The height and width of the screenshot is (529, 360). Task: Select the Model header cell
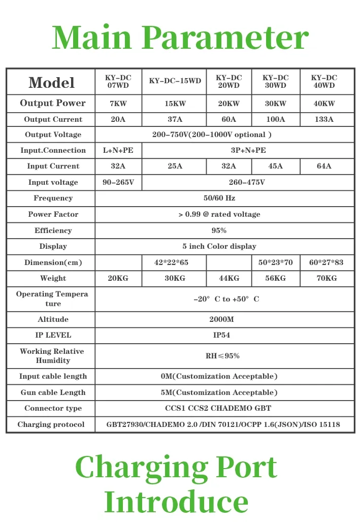coord(51,82)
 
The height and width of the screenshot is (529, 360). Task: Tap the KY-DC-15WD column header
coord(175,81)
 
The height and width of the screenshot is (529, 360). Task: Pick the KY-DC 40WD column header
coord(324,81)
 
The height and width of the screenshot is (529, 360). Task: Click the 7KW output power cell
coord(118,104)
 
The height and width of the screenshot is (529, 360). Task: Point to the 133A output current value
coord(324,119)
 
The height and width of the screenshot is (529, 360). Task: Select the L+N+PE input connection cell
coord(118,150)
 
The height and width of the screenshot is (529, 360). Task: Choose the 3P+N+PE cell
coord(248,150)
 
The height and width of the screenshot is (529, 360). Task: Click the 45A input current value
coord(275,166)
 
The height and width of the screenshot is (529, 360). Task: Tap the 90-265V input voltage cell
coord(118,182)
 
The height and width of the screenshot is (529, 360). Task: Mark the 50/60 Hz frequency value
coord(219,198)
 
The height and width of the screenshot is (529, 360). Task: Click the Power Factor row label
coord(53,214)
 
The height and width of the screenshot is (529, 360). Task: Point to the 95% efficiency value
coord(219,230)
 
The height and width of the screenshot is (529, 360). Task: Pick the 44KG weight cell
coord(228,278)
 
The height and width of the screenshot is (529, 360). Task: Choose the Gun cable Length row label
coord(53,392)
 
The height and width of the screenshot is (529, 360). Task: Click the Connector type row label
coord(53,408)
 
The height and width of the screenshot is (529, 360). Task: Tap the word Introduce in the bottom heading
coord(176,502)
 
